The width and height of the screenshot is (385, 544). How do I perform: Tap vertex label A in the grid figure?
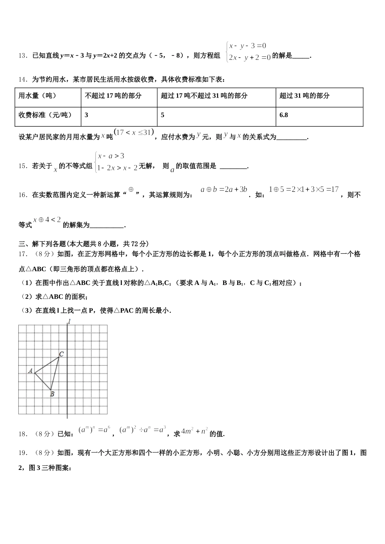point(30,370)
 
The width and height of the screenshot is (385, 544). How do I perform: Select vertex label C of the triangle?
point(61,355)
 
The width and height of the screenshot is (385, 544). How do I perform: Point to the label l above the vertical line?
point(69,322)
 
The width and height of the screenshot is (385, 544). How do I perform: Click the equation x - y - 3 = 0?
point(248,46)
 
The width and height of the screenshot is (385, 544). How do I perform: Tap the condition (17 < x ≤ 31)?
point(134,132)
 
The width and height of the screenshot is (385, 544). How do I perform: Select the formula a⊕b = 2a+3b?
point(224,189)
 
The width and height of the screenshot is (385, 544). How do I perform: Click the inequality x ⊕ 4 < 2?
point(47,220)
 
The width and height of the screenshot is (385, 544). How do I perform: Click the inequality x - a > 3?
point(111,156)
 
